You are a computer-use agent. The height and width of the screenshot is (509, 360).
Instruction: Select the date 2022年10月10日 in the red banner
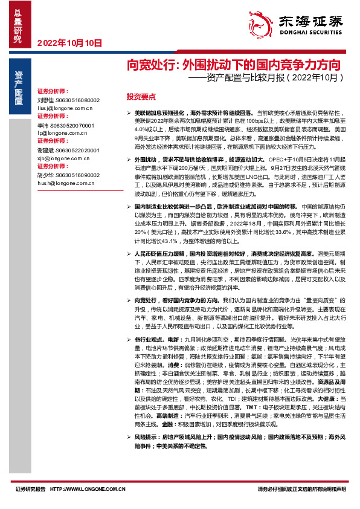point(70,43)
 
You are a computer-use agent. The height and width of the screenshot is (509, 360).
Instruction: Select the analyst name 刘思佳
point(45,100)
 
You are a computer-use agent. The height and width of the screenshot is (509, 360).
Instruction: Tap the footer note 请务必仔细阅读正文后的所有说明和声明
point(302,489)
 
